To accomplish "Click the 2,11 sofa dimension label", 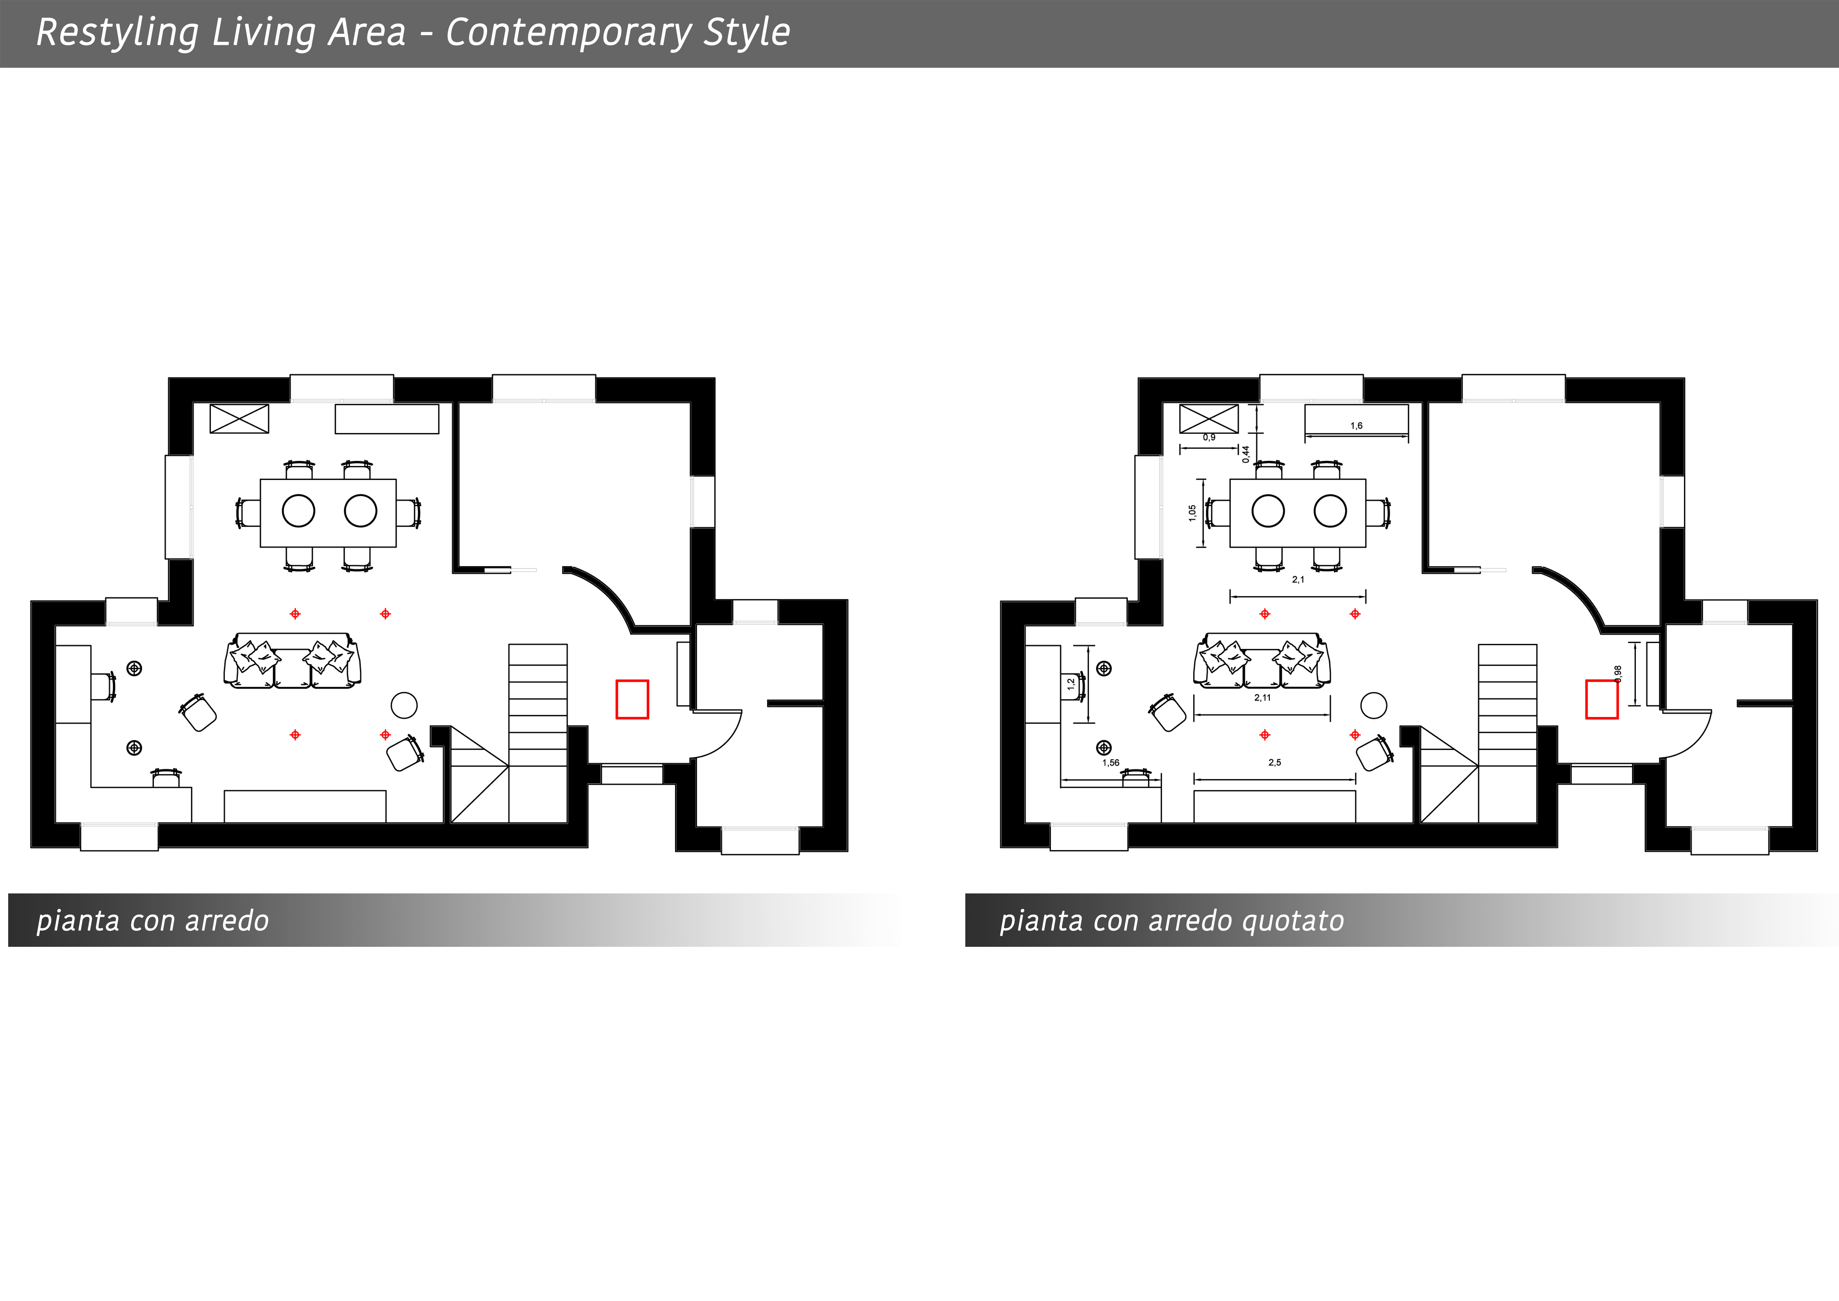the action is pyautogui.click(x=1262, y=698).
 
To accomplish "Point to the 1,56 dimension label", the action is pyautogui.click(x=1111, y=763).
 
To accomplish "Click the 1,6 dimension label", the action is pyautogui.click(x=1356, y=425).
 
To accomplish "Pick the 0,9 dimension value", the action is pyautogui.click(x=1209, y=437).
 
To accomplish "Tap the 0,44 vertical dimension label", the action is pyautogui.click(x=1246, y=454).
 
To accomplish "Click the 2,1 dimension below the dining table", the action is pyautogui.click(x=1297, y=579).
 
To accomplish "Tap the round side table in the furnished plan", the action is pyautogui.click(x=404, y=705).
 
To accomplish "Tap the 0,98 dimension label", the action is pyautogui.click(x=1618, y=674).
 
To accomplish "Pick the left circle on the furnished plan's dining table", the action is pyautogui.click(x=299, y=510).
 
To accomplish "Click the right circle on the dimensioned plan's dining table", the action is pyautogui.click(x=1330, y=510).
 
